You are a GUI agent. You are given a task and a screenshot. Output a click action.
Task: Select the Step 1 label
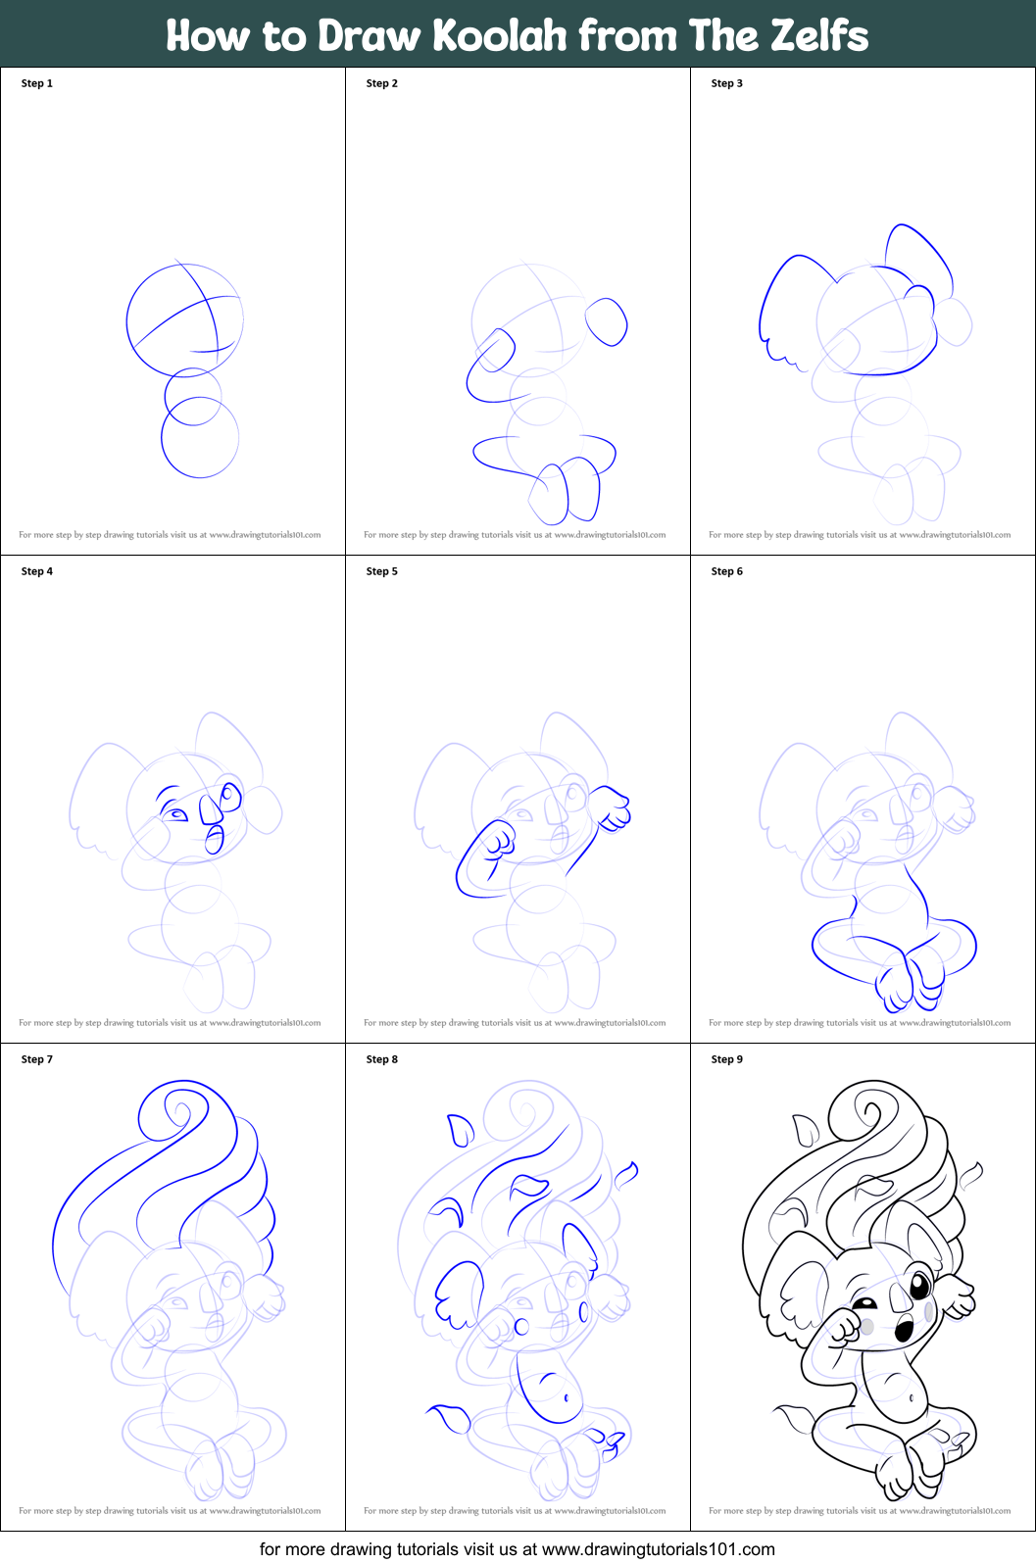37,83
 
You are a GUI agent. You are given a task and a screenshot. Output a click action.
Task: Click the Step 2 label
382,83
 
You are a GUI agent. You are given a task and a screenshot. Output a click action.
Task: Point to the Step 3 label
727,83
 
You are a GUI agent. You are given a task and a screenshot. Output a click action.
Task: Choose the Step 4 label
37,571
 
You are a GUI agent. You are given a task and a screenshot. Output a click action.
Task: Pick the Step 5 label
382,571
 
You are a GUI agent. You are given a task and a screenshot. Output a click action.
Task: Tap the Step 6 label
727,571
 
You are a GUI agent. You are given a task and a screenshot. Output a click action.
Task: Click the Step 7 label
37,1059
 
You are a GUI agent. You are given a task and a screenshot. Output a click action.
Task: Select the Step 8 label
382,1059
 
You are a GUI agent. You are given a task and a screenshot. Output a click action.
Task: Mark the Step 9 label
727,1059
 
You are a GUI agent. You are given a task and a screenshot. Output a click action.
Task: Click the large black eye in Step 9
920,1286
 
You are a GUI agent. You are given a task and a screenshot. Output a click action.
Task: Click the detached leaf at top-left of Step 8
459,1130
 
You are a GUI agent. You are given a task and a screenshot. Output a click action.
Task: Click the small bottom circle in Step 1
200,437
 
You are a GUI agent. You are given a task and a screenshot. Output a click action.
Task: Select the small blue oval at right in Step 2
607,321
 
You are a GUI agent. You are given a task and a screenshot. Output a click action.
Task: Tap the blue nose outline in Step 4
211,808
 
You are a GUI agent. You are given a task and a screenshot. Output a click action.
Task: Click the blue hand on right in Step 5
615,808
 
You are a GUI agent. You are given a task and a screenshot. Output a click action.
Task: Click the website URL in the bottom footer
658,1549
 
